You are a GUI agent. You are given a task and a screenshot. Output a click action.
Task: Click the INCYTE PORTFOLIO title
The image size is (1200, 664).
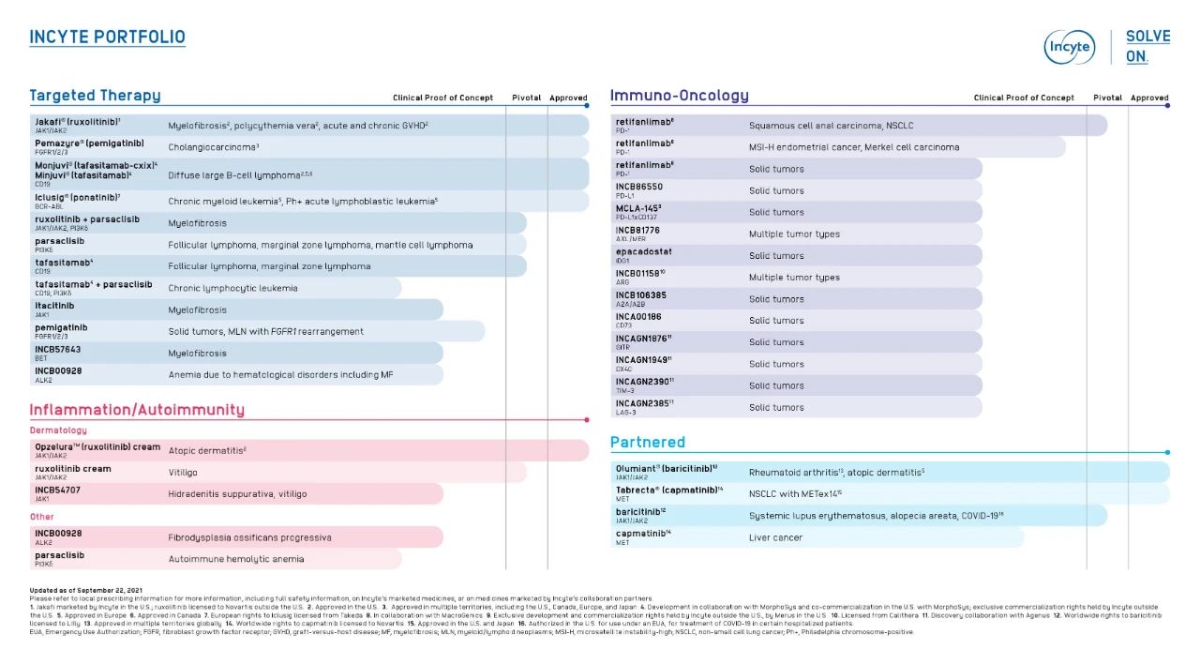[107, 38]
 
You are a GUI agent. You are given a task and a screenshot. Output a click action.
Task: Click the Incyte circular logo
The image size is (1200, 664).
[1069, 47]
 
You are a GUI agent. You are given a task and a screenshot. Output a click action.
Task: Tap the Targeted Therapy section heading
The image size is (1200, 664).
[95, 96]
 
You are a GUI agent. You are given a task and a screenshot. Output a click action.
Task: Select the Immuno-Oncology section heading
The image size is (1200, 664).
[679, 96]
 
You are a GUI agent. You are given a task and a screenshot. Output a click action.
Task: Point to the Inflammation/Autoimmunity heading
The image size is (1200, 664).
[137, 410]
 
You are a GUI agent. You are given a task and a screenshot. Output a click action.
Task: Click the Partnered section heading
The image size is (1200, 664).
[647, 443]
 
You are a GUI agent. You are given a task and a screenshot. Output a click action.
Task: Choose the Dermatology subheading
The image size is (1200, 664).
[58, 430]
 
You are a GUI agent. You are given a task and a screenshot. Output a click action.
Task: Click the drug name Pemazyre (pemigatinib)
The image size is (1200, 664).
[90, 143]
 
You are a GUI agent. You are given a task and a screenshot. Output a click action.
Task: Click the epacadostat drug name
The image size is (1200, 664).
[644, 251]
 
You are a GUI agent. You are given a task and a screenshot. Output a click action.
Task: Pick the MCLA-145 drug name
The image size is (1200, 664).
[638, 208]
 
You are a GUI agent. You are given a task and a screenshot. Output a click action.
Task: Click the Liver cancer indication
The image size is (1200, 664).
[775, 537]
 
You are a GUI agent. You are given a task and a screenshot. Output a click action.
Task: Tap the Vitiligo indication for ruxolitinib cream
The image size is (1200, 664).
[183, 473]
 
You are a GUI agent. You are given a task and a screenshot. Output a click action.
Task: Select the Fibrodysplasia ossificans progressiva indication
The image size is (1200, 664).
[249, 537]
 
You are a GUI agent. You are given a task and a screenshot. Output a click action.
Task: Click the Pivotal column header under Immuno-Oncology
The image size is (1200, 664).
[1107, 98]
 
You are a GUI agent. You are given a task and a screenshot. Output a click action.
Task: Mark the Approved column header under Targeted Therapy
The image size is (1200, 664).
[568, 98]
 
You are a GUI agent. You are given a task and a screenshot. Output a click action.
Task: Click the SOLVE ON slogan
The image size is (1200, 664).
[1147, 46]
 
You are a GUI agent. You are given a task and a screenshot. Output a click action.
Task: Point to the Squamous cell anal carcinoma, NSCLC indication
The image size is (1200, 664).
[831, 126]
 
